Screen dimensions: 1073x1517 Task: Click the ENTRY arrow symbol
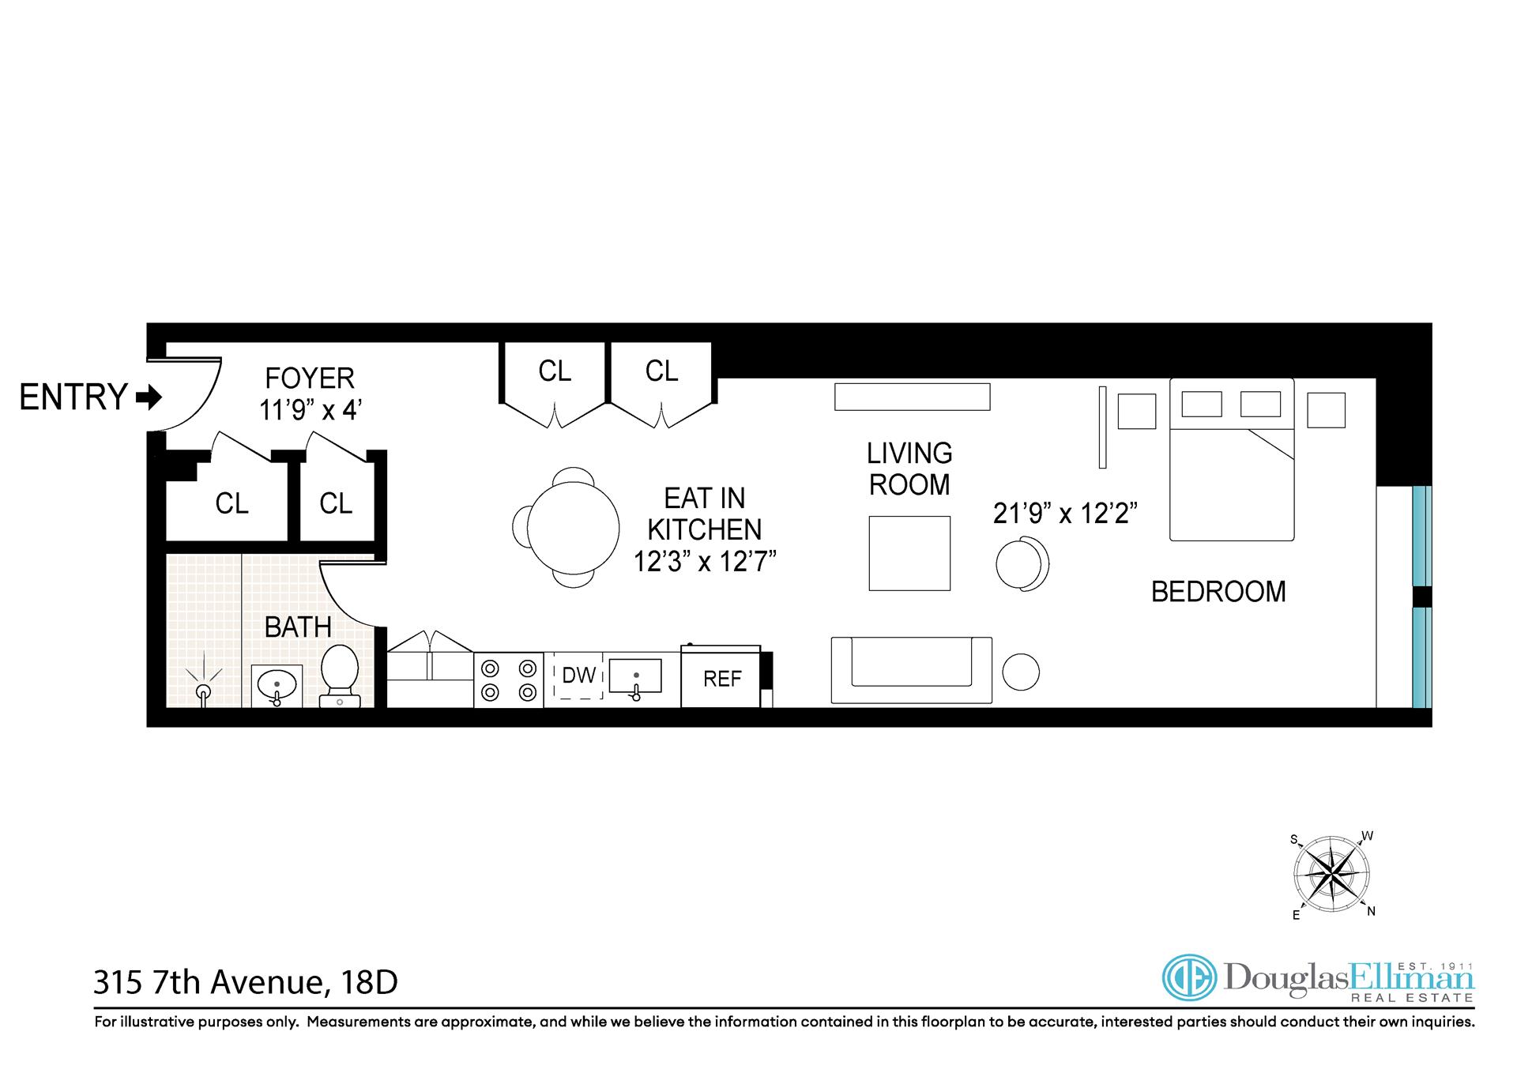[149, 397]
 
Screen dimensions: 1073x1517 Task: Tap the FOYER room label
[309, 378]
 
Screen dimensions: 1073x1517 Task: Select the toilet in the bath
[341, 676]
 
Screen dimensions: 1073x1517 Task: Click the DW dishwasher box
[578, 676]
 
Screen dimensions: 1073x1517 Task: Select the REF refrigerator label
[722, 679]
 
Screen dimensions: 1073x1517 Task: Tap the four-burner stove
[508, 680]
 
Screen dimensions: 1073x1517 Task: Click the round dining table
[574, 527]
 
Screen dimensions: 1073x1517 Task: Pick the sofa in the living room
[911, 670]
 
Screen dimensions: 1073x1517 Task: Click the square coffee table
[909, 553]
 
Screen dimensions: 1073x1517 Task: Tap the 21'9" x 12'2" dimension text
[1064, 514]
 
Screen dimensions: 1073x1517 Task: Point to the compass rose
[1332, 875]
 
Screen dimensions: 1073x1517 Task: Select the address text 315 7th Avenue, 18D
[246, 983]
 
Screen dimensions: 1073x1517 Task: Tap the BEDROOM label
[1218, 592]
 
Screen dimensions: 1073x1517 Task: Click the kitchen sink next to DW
[635, 677]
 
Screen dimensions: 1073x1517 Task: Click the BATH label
[297, 627]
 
